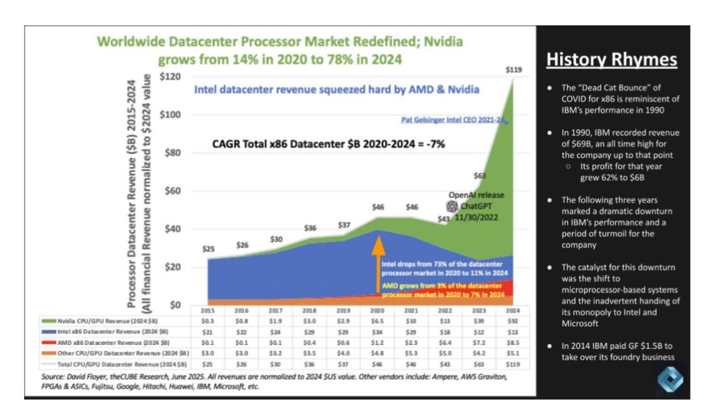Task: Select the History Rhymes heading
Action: coord(611,61)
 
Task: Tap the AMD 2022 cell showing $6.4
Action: coord(445,342)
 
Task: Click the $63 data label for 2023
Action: coord(479,174)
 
